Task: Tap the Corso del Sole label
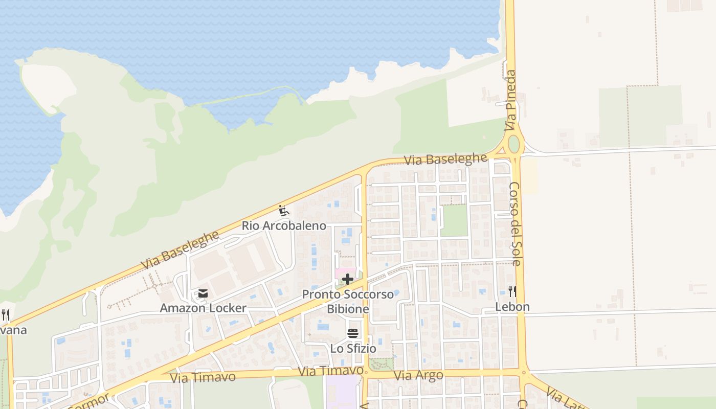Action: [515, 223]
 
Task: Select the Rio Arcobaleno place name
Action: [284, 225]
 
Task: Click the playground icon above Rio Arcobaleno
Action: [283, 211]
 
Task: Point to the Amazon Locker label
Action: [203, 308]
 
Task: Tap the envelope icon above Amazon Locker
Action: [203, 293]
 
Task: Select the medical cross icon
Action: [348, 279]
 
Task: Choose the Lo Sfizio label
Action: [353, 349]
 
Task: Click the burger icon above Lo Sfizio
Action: [353, 334]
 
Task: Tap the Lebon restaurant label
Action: [512, 307]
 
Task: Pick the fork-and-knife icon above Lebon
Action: [512, 291]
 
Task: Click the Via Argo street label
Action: [418, 375]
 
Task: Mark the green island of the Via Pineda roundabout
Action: [513, 145]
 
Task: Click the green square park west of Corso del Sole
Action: [454, 220]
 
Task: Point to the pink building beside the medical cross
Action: [346, 271]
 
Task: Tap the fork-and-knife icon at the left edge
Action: [5, 314]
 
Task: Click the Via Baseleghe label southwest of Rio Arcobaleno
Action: [180, 251]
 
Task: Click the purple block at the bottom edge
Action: [342, 393]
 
